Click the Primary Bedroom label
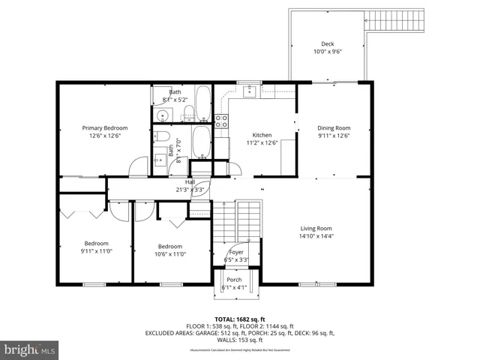click(105, 128)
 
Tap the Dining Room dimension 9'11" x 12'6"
click(334, 136)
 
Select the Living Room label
click(316, 228)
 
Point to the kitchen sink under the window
click(250, 91)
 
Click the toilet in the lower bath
click(161, 136)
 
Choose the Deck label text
click(327, 44)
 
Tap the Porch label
click(234, 280)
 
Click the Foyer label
click(235, 253)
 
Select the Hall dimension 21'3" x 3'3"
click(190, 190)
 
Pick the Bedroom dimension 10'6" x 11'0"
click(169, 253)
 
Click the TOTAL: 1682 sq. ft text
click(240, 319)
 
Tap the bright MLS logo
click(30, 349)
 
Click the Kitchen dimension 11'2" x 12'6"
click(262, 142)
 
